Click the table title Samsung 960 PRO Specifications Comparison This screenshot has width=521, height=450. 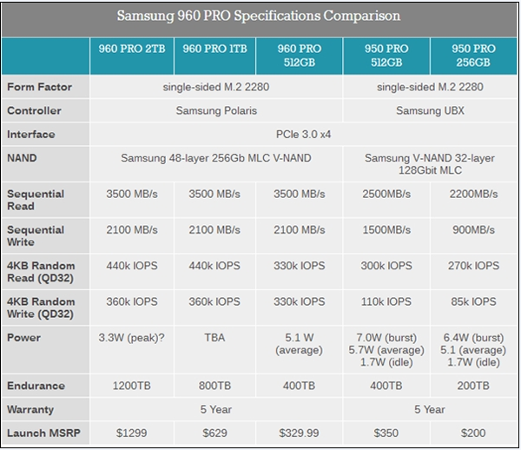point(259,16)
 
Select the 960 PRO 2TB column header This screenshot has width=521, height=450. point(132,49)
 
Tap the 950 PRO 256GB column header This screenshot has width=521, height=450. point(472,55)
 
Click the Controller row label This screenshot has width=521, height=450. point(35,110)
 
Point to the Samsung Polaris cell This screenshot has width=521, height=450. point(215,110)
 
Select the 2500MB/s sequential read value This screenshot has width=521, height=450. point(386,194)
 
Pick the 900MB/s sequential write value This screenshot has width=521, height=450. point(472,229)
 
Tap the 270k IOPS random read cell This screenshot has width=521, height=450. point(472,265)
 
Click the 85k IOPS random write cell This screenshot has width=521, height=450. point(472,301)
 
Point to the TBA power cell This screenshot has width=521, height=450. point(215,337)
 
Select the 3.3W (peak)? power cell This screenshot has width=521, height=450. point(132,337)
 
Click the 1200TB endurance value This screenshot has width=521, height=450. point(132,385)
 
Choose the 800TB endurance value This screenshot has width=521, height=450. point(215,385)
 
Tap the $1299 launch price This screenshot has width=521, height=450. point(132,432)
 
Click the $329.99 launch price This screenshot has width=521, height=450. point(300,432)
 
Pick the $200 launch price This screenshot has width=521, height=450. point(472,432)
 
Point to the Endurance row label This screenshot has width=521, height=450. point(36,385)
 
